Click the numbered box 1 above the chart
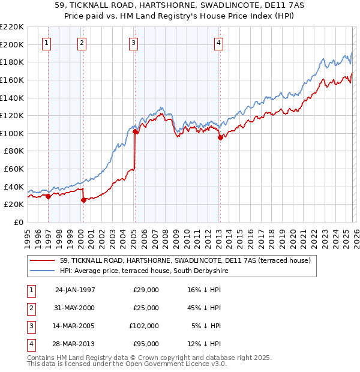[x=47, y=43]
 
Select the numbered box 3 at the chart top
[x=133, y=43]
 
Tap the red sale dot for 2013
[x=220, y=137]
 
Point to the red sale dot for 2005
[x=135, y=131]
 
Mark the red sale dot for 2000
[x=83, y=200]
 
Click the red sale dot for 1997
[x=48, y=196]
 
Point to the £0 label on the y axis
[x=18, y=222]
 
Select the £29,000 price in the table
[x=146, y=290]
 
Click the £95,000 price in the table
[x=146, y=344]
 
